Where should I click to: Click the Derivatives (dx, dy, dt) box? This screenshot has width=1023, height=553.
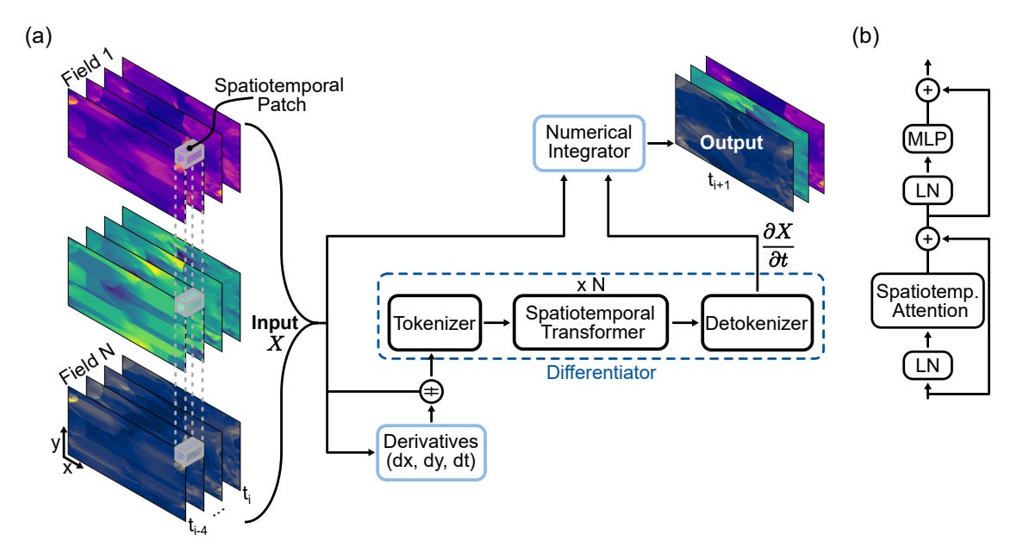430,452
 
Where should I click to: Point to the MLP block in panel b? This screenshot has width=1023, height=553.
927,140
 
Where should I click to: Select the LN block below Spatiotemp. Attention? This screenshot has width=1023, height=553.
927,367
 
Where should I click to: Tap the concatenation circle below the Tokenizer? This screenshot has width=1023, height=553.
431,392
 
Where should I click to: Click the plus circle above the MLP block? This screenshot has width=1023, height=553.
927,89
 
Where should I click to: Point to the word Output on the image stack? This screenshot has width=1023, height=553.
730,142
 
